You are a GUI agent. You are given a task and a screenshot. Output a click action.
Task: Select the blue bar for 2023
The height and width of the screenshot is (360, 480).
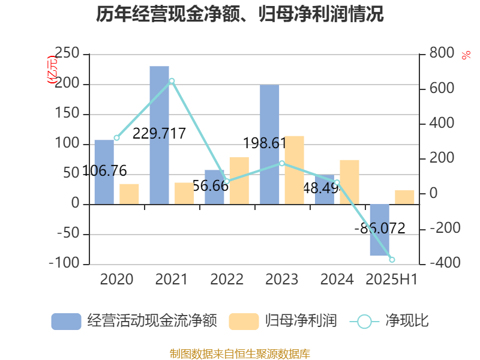tap(269, 144)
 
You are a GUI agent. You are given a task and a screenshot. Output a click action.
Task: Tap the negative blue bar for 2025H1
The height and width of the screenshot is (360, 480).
tap(380, 230)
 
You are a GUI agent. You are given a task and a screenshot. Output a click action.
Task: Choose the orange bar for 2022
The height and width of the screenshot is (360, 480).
tap(239, 181)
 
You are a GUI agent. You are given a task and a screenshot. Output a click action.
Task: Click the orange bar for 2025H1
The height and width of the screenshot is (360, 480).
tap(404, 197)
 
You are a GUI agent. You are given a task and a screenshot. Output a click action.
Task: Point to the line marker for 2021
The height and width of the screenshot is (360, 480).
tap(172, 80)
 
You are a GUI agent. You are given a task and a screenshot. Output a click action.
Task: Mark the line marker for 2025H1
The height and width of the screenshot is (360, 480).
tap(392, 260)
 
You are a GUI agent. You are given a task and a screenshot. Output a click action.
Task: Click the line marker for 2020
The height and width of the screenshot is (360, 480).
tap(116, 138)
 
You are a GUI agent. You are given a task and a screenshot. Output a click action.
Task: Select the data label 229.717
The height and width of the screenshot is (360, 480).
tap(159, 134)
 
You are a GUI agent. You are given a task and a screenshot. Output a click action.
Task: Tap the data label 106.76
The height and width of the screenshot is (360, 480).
tap(104, 171)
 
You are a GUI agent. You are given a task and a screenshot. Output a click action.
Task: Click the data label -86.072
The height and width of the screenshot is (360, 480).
tap(380, 229)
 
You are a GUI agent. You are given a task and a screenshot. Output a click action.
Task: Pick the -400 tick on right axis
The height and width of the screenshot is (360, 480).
tap(443, 263)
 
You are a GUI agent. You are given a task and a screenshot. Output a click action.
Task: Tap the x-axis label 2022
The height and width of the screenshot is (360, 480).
tap(227, 280)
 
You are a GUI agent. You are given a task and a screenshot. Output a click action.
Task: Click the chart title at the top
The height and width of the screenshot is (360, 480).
tap(240, 14)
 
